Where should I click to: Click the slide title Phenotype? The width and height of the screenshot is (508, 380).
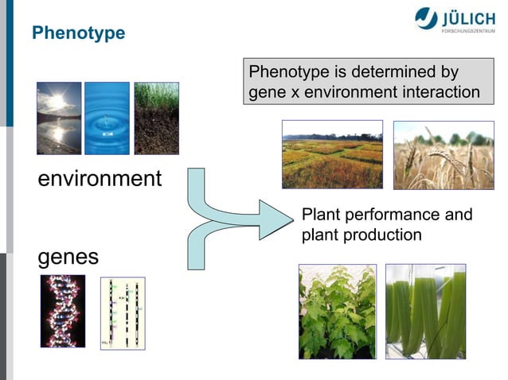click(79, 33)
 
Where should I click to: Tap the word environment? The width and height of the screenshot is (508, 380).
click(100, 178)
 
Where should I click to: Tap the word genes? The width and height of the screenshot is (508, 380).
click(68, 257)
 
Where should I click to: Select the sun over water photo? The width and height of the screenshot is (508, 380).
click(59, 118)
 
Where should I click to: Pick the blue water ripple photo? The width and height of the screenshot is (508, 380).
click(107, 118)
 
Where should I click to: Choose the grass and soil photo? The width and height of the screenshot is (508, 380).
click(156, 118)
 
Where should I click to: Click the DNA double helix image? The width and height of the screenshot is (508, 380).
click(63, 311)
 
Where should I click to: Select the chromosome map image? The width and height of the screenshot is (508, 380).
click(123, 313)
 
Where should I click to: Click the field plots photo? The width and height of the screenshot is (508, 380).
click(332, 154)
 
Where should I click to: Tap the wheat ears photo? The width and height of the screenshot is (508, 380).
click(444, 155)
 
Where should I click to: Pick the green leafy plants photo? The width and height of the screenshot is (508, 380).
click(337, 312)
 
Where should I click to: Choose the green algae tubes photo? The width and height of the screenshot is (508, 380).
click(425, 312)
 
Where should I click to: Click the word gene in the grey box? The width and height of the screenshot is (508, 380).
click(266, 92)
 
